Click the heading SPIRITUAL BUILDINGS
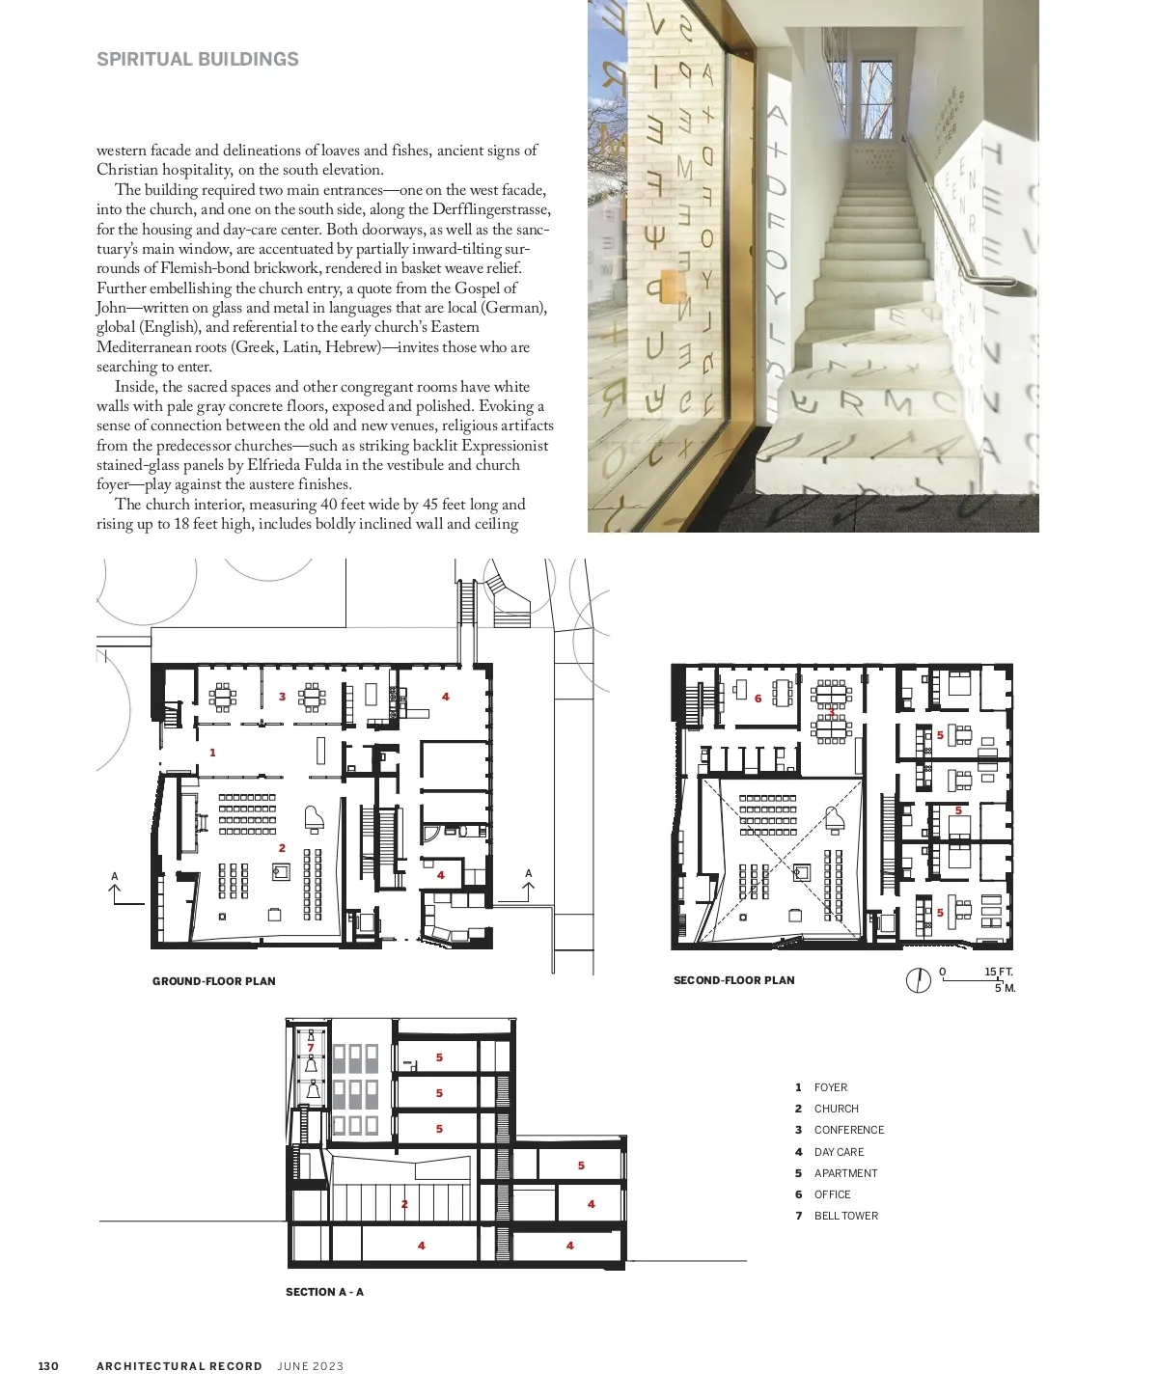point(198,59)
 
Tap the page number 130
point(48,1365)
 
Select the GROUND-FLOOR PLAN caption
point(214,981)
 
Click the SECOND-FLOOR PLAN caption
point(733,979)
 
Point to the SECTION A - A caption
point(324,1291)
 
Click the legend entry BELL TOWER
point(845,1215)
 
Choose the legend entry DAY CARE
point(839,1151)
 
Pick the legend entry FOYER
point(831,1086)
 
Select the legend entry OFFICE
point(832,1194)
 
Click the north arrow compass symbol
point(918,980)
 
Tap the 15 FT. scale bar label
point(999,971)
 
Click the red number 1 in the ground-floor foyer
point(212,753)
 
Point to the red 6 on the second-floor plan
point(758,699)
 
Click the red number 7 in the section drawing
point(311,1047)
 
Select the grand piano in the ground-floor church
point(314,819)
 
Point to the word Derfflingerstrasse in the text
point(491,209)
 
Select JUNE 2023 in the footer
point(311,1365)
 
